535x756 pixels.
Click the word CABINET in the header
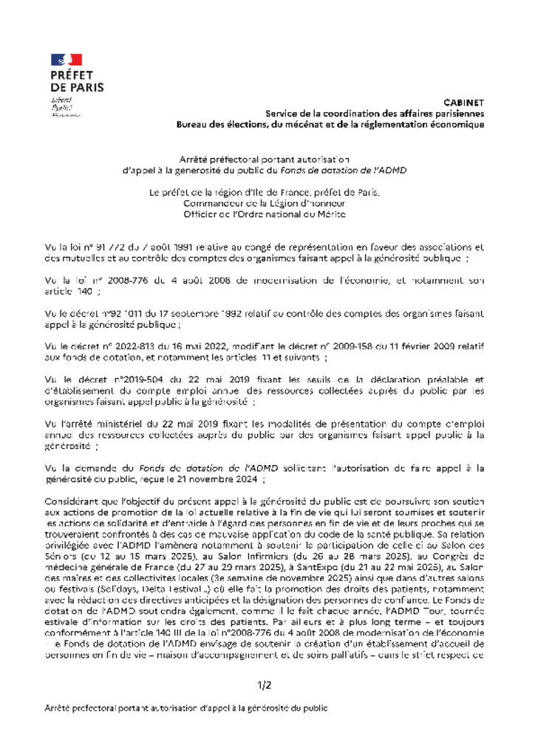(464, 102)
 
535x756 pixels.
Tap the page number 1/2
(265, 685)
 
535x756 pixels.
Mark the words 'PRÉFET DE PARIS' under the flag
(77, 81)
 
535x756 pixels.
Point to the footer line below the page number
(185, 708)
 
